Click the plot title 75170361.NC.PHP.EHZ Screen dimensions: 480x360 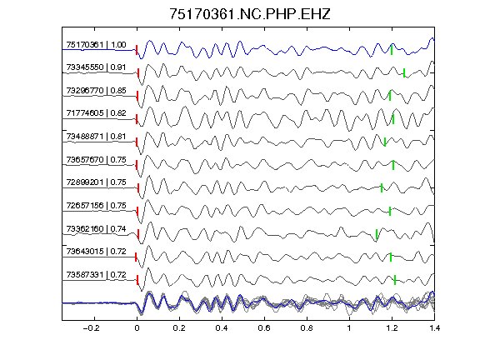point(250,14)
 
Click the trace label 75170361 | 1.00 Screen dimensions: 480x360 point(96,45)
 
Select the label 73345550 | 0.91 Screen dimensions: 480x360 point(96,67)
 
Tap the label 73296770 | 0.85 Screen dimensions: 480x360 point(96,91)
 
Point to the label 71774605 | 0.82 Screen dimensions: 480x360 point(96,113)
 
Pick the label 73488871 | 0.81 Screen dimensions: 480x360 point(96,137)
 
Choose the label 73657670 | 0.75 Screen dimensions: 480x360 point(96,160)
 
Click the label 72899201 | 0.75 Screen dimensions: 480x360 point(96,182)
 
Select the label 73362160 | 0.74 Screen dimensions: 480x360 point(96,229)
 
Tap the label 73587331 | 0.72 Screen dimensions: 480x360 point(96,275)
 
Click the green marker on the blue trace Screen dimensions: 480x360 point(392,50)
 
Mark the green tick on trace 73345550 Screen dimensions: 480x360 point(404,72)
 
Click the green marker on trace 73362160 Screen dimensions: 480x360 point(377,234)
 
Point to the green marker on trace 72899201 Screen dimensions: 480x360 point(382,188)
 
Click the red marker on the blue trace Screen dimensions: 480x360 point(137,50)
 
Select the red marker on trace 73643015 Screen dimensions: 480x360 point(136,257)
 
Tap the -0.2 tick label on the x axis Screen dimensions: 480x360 point(91,328)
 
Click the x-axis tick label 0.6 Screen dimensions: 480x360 point(264,328)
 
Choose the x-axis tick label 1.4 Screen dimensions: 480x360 point(434,328)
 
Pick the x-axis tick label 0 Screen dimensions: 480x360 point(137,328)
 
